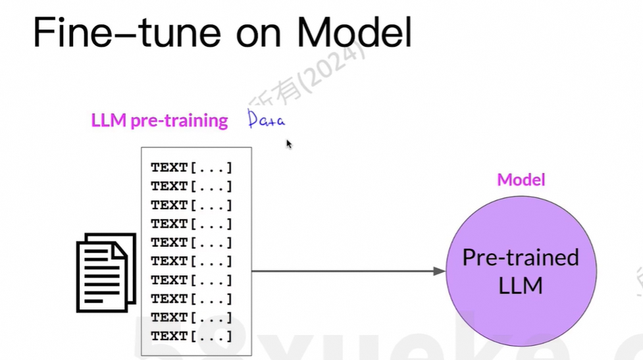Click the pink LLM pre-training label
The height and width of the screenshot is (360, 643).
pos(159,121)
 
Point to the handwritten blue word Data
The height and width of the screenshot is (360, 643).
pos(267,120)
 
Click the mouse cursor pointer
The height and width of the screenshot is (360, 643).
pos(289,143)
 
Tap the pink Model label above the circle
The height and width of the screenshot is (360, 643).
pos(521,179)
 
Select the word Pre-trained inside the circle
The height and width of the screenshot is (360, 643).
pos(521,257)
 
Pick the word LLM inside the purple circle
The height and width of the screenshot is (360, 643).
pos(521,286)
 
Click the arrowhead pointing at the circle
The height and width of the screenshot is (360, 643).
pos(439,271)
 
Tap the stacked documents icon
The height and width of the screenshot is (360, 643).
pos(106,271)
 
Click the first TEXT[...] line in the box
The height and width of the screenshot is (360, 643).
pos(192,168)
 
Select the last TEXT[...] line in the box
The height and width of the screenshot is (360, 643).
pos(192,336)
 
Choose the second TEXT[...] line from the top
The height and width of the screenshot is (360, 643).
pos(192,186)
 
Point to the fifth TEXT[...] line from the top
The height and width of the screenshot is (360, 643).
pos(192,243)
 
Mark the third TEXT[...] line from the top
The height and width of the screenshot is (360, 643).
pos(192,205)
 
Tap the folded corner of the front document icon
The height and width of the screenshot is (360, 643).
pos(120,249)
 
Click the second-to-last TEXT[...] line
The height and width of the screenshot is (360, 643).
pos(192,317)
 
